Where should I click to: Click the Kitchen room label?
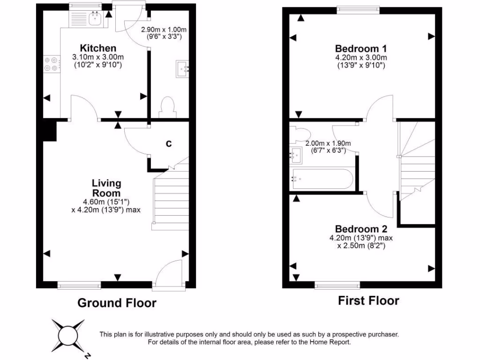pyautogui.click(x=97, y=48)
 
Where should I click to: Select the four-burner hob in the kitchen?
pyautogui.click(x=52, y=64)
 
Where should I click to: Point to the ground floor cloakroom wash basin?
pyautogui.click(x=182, y=69)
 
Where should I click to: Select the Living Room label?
pyautogui.click(x=106, y=188)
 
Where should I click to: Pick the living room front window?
pyautogui.click(x=79, y=285)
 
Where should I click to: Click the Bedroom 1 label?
pyautogui.click(x=361, y=48)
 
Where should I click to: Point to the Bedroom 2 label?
pyautogui.click(x=361, y=229)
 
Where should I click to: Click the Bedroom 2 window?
pyautogui.click(x=337, y=285)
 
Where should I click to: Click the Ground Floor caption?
pyautogui.click(x=117, y=303)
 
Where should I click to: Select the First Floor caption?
pyautogui.click(x=368, y=300)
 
